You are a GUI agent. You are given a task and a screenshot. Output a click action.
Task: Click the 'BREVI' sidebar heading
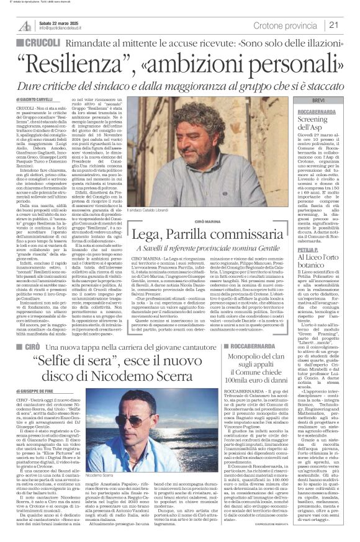coord(318,100)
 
